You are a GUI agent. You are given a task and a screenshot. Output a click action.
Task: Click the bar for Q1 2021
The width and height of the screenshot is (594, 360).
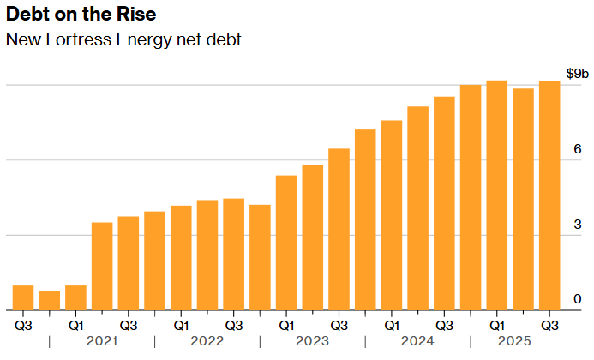coord(75,297)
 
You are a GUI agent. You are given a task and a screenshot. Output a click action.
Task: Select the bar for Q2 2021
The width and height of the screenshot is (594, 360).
coord(102,266)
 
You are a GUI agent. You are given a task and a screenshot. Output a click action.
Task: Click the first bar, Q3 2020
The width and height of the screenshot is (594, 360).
coord(23,297)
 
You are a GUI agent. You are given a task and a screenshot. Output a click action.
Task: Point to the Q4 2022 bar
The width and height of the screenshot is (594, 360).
coord(260,257)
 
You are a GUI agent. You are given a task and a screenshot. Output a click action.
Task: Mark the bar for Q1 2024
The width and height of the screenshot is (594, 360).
coord(392,215)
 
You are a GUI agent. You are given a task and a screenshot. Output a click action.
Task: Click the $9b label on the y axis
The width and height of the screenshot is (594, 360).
coord(577,73)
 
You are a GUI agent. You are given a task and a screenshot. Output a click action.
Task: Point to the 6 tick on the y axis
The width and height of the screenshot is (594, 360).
coord(578,148)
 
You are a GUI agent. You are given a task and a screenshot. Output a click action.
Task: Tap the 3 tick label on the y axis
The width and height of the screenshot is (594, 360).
coord(578,223)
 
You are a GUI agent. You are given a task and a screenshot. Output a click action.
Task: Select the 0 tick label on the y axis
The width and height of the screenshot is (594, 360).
coord(578,298)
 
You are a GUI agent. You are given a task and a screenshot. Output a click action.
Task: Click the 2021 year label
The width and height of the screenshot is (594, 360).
coord(102,341)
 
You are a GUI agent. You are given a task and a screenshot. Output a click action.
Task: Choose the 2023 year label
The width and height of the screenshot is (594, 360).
coord(312,341)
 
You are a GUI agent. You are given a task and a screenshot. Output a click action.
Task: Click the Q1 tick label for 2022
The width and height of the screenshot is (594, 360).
coord(181,326)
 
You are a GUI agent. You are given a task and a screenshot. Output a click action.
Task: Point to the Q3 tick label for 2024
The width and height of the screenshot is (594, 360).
coord(444,326)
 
